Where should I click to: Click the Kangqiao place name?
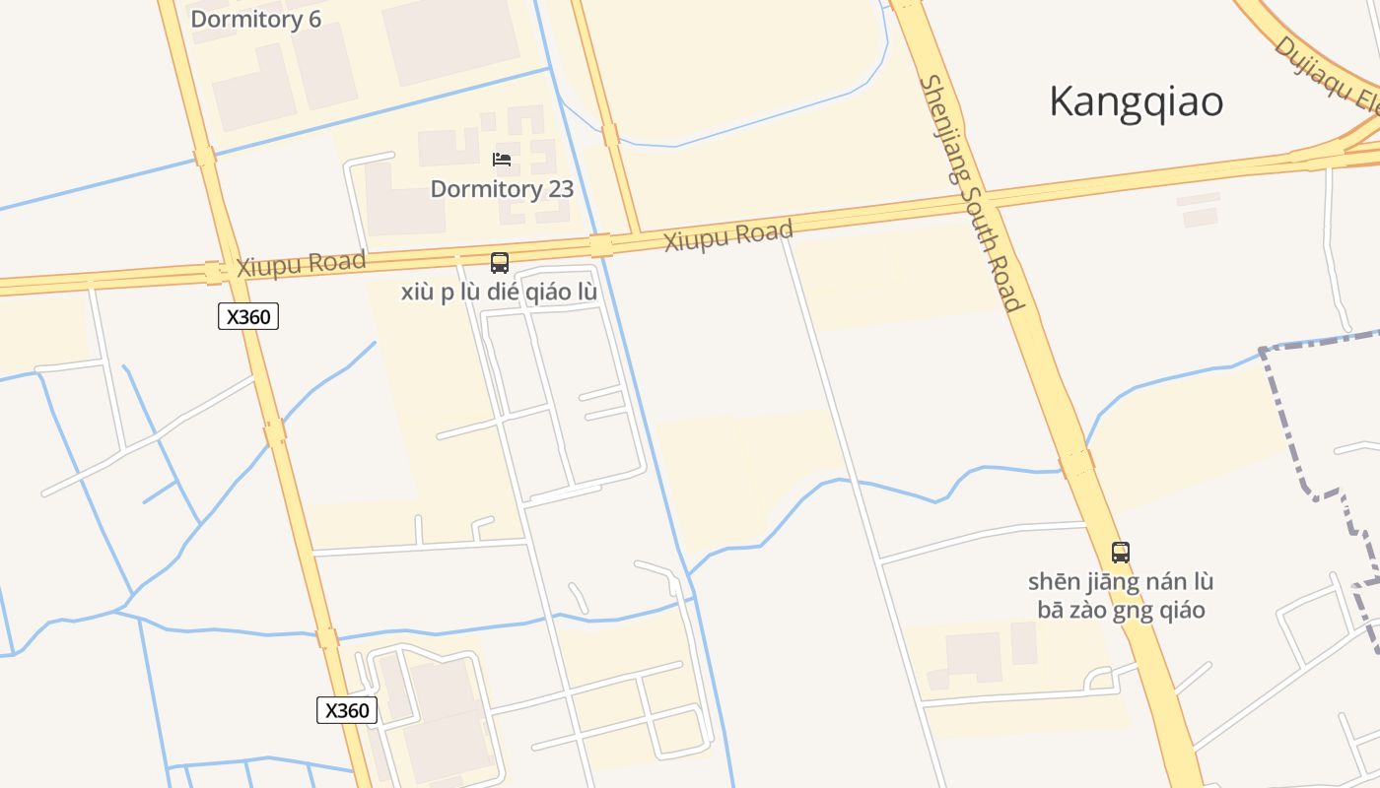[x=1136, y=101]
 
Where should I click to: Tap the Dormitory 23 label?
[x=502, y=189]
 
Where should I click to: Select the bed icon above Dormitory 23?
[x=502, y=160]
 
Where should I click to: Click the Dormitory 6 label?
[x=255, y=19]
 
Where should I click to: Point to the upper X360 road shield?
[x=248, y=316]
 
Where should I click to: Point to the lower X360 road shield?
[x=347, y=710]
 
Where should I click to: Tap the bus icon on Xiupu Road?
[x=500, y=263]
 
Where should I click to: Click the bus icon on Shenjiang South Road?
[x=1120, y=552]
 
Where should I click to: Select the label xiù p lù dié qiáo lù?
[x=499, y=293]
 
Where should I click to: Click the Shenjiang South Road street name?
[x=972, y=193]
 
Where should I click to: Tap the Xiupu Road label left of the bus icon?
[x=301, y=264]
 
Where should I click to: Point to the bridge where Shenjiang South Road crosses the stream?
[x=1076, y=463]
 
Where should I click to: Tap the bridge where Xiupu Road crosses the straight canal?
[x=600, y=245]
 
